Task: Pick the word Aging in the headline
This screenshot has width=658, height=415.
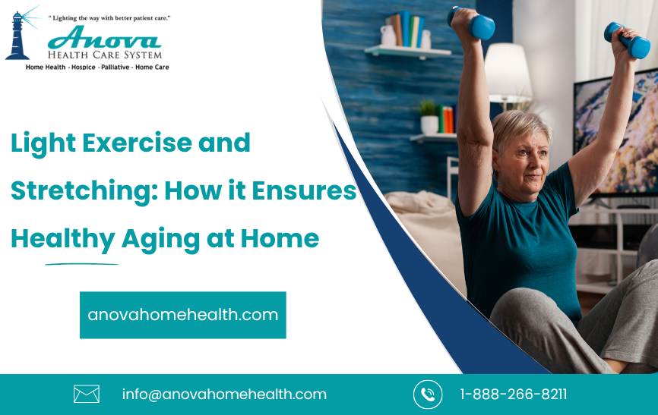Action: click(160, 239)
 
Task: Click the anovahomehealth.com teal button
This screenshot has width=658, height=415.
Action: click(182, 315)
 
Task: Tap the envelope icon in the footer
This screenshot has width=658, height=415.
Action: click(87, 394)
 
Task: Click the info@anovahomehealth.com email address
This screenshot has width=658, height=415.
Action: click(224, 395)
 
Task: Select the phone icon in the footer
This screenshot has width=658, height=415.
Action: click(428, 395)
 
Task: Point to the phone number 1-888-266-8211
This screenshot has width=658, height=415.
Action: click(513, 395)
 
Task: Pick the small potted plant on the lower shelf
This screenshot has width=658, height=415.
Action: click(429, 117)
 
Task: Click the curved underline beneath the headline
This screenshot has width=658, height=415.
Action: click(81, 264)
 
